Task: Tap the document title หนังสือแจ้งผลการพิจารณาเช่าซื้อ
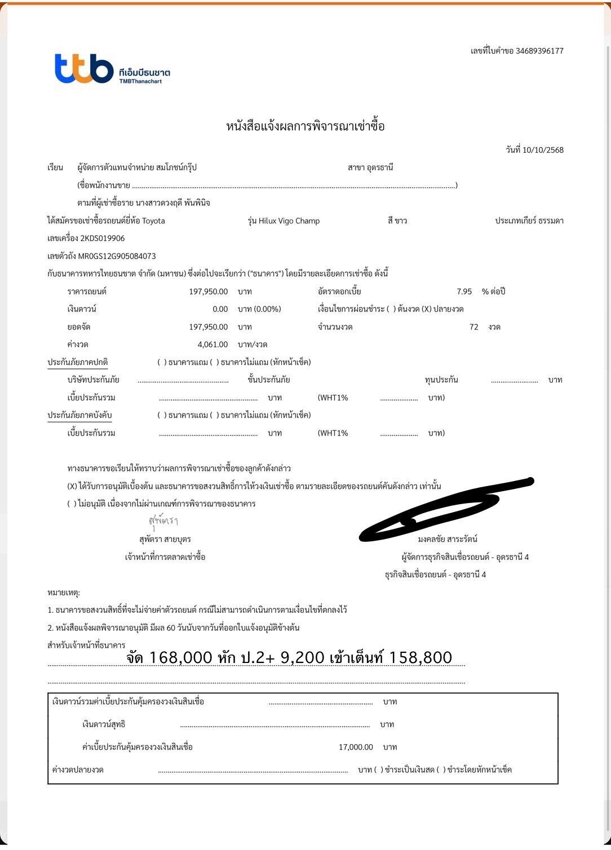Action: click(305, 126)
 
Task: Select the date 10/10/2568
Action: click(543, 150)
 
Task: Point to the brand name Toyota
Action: click(153, 221)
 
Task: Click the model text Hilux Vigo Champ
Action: click(289, 221)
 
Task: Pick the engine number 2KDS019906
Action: click(103, 238)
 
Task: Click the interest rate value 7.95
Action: click(464, 292)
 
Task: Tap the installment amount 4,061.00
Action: click(212, 345)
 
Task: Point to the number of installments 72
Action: click(473, 327)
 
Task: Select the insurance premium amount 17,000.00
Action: click(356, 747)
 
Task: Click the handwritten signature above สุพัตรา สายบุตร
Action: click(163, 521)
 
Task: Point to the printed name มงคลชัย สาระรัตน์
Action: click(448, 540)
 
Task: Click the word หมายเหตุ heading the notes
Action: click(64, 593)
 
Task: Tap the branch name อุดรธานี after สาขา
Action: click(379, 168)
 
